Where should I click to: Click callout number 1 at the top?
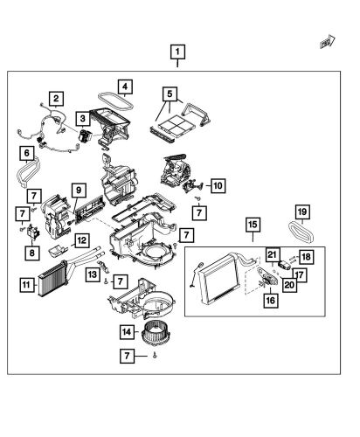[177, 51]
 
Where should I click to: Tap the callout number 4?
[125, 87]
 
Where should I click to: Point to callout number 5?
[170, 92]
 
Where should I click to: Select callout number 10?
[218, 185]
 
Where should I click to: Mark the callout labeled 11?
[27, 284]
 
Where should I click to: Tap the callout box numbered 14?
[127, 331]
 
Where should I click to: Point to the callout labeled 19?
[301, 212]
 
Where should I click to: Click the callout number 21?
[272, 254]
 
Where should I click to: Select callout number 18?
[306, 256]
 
